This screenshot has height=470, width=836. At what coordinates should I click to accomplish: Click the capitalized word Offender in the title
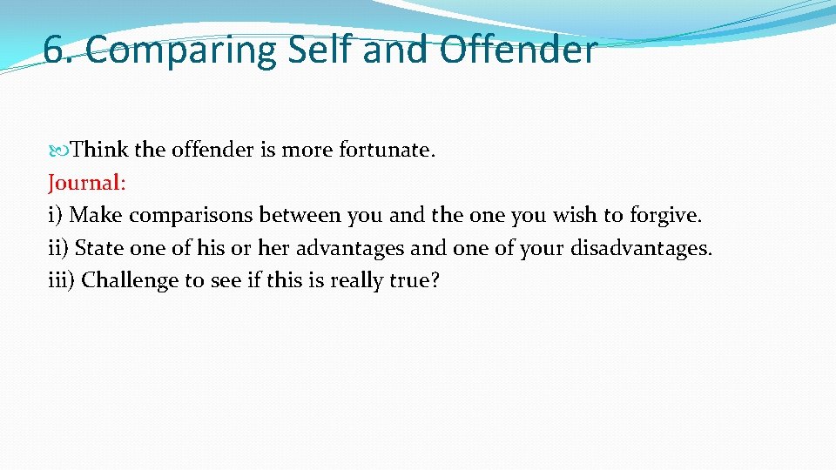pos(518,50)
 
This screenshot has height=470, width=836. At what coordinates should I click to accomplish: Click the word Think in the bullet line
pos(99,150)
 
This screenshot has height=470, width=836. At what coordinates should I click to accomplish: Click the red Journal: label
pos(87,183)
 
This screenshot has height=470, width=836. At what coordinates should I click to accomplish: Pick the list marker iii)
pos(62,280)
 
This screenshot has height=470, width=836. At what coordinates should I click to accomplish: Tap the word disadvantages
pos(641,248)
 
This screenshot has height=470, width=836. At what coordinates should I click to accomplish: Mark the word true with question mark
pos(405,281)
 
